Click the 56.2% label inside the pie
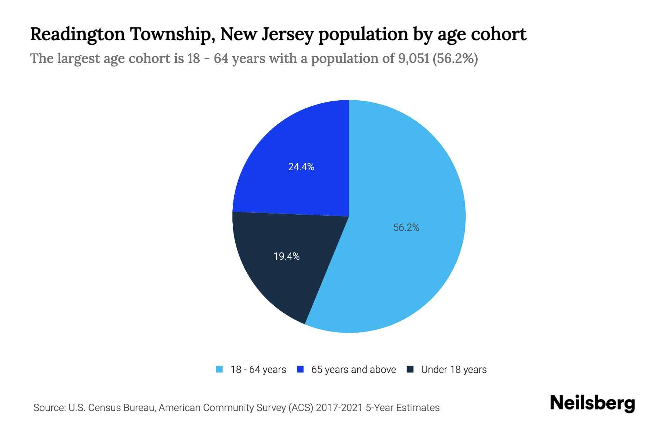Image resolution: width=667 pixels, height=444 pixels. (406, 228)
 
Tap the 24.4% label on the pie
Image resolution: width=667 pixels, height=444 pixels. (301, 167)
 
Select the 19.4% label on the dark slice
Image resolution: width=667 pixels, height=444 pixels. (286, 256)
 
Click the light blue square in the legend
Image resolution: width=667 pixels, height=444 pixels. (219, 369)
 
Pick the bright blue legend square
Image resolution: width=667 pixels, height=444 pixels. (301, 369)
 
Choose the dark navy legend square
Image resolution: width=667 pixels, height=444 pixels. (410, 369)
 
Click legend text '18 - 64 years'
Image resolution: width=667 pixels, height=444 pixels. (258, 370)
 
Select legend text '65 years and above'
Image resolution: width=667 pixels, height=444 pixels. (354, 370)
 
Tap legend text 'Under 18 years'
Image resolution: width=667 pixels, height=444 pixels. (454, 370)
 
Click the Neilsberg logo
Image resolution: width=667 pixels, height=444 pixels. (593, 403)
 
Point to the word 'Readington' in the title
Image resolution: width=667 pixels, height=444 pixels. (77, 34)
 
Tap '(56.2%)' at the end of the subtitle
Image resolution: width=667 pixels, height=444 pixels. (455, 58)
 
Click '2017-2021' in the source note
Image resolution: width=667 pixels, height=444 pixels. (339, 408)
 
